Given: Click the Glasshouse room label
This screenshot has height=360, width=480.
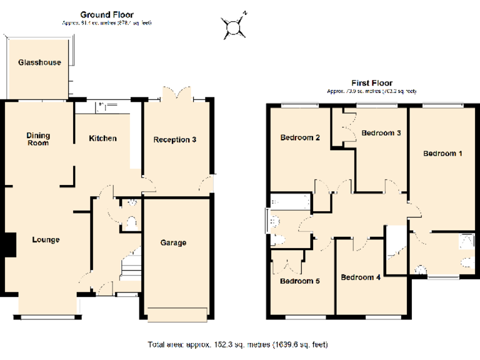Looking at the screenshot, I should [39, 62].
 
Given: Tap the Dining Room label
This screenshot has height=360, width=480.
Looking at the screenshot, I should [38, 139].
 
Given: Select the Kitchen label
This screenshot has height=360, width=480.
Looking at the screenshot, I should [102, 138].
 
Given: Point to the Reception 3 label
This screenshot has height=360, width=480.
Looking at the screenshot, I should [175, 139].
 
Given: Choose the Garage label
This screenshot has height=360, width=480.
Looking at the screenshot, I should [173, 242].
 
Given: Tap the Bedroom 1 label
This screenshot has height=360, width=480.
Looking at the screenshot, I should [442, 153].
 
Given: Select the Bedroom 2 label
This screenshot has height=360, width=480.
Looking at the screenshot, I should [300, 137].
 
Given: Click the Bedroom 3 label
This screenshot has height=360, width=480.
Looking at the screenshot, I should [381, 132].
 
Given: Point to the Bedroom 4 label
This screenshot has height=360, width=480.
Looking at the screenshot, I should [361, 277].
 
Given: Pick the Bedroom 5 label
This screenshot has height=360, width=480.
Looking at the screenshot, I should [299, 281].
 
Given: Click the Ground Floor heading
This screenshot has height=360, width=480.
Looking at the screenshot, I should [107, 14].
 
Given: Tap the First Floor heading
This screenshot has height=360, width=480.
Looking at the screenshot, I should [371, 82].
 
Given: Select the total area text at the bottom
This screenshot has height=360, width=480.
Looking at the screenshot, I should [237, 344].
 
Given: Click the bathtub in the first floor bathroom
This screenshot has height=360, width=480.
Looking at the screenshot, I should [290, 202].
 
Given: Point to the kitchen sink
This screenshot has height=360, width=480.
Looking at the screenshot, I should [102, 107].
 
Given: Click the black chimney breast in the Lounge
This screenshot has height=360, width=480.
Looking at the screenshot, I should [9, 244].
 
